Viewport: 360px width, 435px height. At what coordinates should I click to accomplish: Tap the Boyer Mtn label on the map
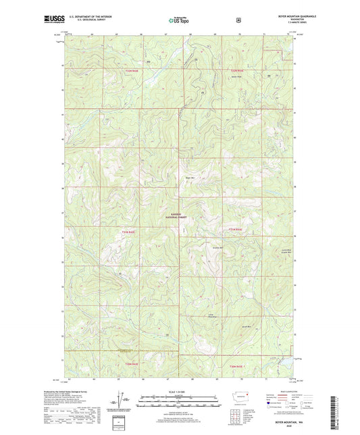(x=180, y=178)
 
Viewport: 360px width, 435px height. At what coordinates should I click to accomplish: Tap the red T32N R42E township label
(x=128, y=232)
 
